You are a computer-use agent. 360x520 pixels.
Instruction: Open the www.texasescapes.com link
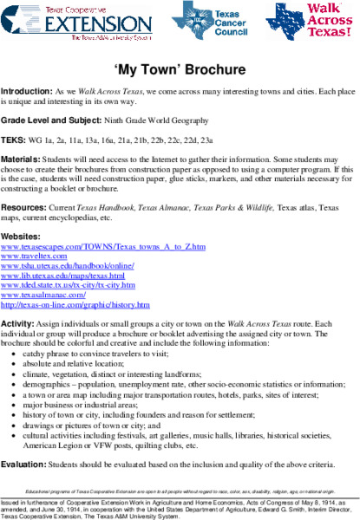point(103,246)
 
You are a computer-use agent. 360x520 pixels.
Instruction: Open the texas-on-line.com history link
point(76,304)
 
